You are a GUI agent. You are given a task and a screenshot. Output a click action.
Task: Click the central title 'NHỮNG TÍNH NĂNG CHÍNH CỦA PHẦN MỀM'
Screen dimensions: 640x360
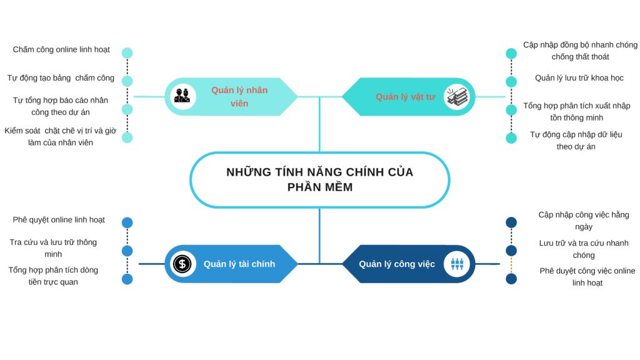pyautogui.click(x=319, y=179)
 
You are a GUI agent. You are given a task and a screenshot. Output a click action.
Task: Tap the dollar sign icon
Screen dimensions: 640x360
pyautogui.click(x=182, y=264)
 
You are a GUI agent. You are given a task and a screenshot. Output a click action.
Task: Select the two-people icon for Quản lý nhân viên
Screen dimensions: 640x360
pyautogui.click(x=182, y=96)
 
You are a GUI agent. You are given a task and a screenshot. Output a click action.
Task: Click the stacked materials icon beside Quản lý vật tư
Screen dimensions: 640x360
pyautogui.click(x=456, y=97)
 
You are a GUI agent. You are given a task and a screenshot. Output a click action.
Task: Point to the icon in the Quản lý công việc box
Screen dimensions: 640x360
pyautogui.click(x=457, y=264)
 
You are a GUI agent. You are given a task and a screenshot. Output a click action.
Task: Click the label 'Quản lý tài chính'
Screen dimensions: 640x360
pyautogui.click(x=239, y=264)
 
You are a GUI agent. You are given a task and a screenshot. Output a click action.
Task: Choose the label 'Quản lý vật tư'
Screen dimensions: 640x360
pyautogui.click(x=405, y=97)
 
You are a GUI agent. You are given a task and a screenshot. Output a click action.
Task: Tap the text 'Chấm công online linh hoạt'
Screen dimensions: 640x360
pyautogui.click(x=61, y=49)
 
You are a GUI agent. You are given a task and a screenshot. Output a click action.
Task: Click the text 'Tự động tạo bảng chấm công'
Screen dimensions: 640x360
pyautogui.click(x=61, y=78)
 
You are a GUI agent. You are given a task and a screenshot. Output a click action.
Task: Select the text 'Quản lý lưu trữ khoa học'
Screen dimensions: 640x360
pyautogui.click(x=579, y=78)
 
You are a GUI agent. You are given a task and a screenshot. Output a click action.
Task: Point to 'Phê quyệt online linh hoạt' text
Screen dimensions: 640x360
pyautogui.click(x=59, y=219)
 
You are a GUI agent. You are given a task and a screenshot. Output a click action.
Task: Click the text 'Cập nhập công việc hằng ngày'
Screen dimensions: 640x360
pyautogui.click(x=584, y=221)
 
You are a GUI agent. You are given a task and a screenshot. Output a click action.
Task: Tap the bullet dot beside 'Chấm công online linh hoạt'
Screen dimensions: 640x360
pyautogui.click(x=127, y=52)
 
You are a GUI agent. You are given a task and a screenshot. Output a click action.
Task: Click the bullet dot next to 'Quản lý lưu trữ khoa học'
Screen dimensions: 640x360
pyautogui.click(x=511, y=82)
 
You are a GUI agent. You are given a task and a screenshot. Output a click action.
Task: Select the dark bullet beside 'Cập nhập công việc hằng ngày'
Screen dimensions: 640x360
pyautogui.click(x=511, y=222)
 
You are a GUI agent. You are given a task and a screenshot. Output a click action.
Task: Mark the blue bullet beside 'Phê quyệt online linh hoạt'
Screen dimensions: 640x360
pyautogui.click(x=127, y=222)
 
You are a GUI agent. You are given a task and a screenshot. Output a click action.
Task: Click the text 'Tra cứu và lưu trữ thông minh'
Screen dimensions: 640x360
pyautogui.click(x=53, y=248)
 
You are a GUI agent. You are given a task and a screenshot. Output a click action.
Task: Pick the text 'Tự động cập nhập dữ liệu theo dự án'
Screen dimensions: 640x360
pyautogui.click(x=576, y=141)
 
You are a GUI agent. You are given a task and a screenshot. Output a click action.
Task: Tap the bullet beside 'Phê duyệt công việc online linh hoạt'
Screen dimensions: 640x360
pyautogui.click(x=511, y=279)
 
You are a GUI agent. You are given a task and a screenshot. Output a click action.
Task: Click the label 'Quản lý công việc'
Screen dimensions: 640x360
pyautogui.click(x=397, y=264)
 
